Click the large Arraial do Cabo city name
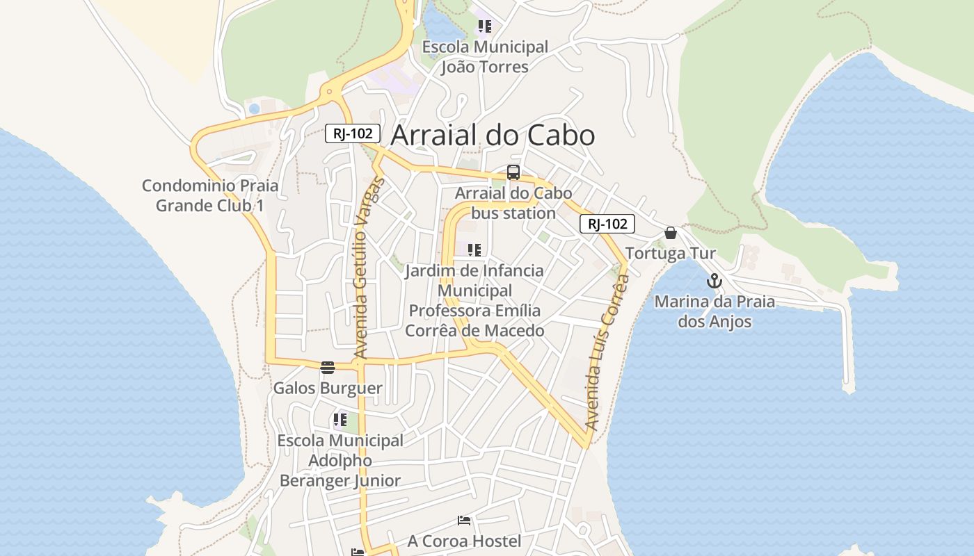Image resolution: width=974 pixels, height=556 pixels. click(x=493, y=135)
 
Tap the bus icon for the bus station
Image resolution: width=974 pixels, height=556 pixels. click(x=513, y=172)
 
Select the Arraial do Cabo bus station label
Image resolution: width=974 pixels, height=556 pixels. click(x=513, y=203)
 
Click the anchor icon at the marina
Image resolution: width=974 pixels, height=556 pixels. click(x=714, y=281)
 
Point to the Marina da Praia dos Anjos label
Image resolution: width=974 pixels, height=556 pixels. click(x=714, y=311)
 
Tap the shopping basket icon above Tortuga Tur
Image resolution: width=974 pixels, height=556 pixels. click(x=671, y=233)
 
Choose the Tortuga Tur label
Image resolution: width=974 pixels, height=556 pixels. click(x=670, y=253)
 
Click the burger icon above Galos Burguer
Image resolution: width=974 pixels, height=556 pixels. click(x=328, y=367)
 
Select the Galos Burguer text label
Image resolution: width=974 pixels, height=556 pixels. click(x=328, y=388)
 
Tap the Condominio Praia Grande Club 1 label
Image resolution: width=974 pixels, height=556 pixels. click(x=210, y=195)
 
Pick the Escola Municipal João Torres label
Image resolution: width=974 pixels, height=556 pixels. click(x=486, y=57)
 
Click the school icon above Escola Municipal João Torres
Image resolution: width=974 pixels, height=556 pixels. click(x=485, y=26)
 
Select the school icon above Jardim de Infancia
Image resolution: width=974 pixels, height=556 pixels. click(x=474, y=250)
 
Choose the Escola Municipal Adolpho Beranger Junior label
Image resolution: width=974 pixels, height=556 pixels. click(x=340, y=460)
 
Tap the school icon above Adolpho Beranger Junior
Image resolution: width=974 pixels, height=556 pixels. click(x=340, y=419)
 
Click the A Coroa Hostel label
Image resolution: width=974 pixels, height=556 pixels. click(x=464, y=541)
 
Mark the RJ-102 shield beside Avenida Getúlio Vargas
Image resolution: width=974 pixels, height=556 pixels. click(x=353, y=133)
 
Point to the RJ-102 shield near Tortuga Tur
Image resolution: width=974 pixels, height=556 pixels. click(x=607, y=224)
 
